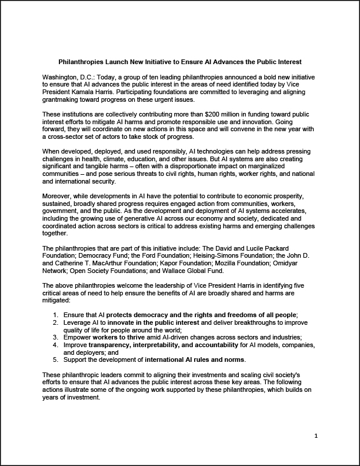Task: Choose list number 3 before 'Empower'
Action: click(55, 337)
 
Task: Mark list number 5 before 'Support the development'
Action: click(55, 359)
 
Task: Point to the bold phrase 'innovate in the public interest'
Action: click(155, 323)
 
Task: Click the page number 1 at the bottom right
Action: click(316, 435)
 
